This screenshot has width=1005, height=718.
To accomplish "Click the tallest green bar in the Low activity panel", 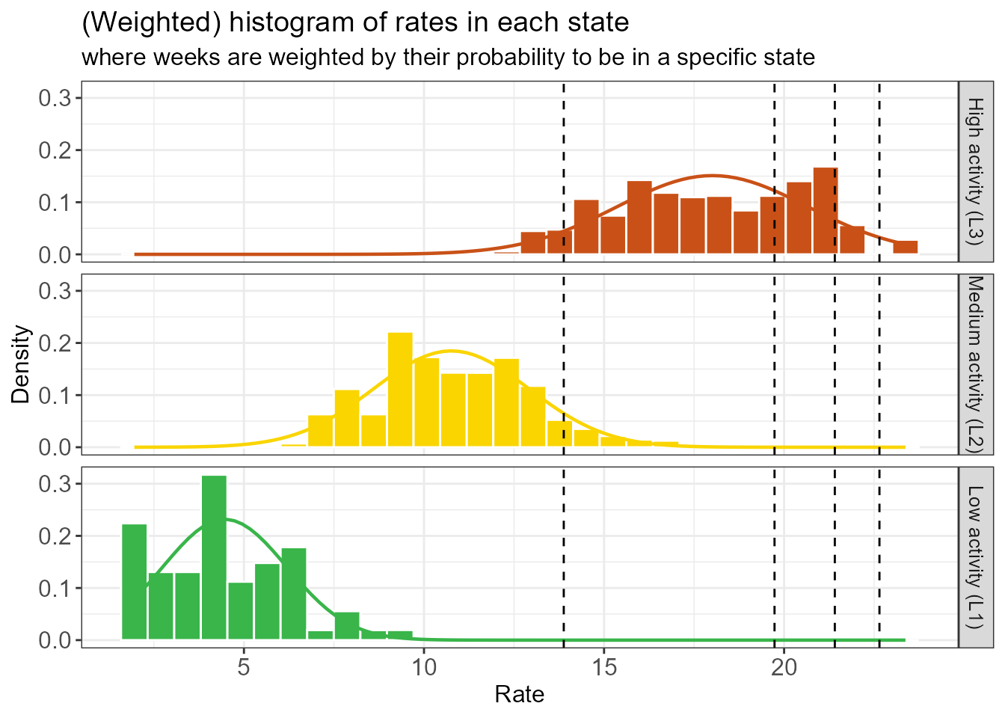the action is pos(214,557).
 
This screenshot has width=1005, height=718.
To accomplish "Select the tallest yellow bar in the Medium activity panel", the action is pos(400,390).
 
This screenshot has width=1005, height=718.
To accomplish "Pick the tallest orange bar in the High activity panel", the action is pos(826,210).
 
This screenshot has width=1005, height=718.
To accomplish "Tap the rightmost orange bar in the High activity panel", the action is pos(906,248).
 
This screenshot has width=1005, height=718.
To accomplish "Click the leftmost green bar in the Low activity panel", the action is pos(134,582).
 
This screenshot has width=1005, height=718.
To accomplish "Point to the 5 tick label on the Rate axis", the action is pos(243,667).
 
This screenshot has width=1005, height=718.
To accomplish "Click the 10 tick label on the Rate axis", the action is pos(424,667).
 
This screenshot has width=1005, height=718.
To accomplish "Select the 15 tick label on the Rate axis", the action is pos(604,667).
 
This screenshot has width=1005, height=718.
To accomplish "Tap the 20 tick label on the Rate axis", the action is pos(784,667).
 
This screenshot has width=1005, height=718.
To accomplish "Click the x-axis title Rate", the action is pos(520,695).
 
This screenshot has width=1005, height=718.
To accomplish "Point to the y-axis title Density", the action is pos(21,364).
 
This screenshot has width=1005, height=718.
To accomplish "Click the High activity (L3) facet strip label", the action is pos(975,171).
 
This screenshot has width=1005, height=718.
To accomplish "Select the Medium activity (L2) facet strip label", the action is pos(975,364).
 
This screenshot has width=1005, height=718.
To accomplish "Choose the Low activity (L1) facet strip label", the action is pos(975,557).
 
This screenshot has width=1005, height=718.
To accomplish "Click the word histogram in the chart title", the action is pos(292,22).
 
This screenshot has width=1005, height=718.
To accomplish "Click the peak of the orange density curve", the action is pos(712,175).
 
